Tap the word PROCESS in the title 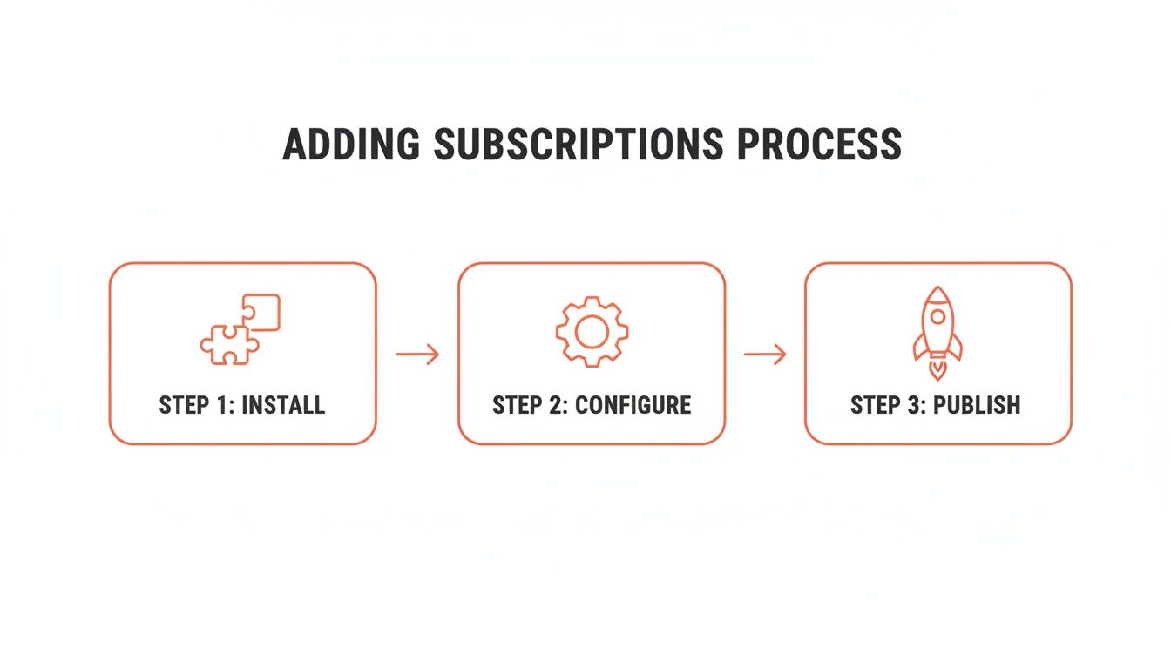(819, 144)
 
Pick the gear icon (592, 331)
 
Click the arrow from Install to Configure (417, 354)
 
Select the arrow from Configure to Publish (765, 354)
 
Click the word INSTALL (282, 405)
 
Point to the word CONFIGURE (633, 405)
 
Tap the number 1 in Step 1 (223, 405)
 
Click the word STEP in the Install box (185, 405)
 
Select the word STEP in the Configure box (518, 405)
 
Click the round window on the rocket (937, 315)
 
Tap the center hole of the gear (592, 331)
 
